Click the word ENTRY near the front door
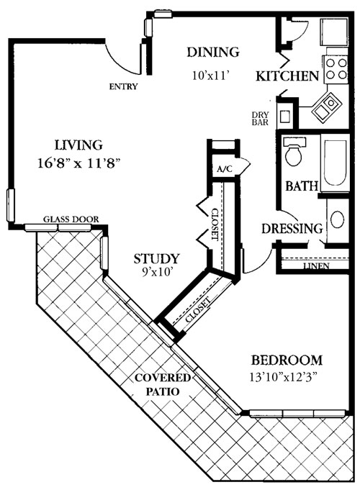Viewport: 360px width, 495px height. pos(123,87)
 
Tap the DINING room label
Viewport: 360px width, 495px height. pos(212,52)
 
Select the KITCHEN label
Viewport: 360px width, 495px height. pos(287,76)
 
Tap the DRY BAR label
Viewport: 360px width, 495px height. pos(261,118)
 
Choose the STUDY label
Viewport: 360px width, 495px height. pos(156,258)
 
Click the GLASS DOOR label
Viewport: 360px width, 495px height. pos(71,219)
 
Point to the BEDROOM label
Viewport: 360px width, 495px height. pos(286,360)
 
